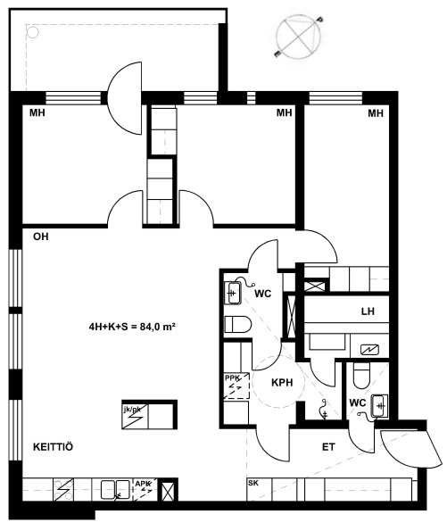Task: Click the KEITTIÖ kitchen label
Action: tap(53, 447)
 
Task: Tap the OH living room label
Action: tap(41, 236)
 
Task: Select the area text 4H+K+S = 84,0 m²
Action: tap(132, 327)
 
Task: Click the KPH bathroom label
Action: tap(282, 382)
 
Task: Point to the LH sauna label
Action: tap(368, 311)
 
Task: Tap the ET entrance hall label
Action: tap(328, 447)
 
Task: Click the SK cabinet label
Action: tap(253, 483)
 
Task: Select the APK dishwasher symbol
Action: tap(145, 489)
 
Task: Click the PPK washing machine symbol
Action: tap(236, 386)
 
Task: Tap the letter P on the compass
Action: tap(319, 20)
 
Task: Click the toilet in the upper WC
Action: tap(237, 325)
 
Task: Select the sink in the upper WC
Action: tap(233, 293)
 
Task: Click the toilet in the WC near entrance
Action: tap(361, 376)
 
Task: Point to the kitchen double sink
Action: tap(115, 490)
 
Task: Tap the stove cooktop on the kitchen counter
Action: tap(63, 489)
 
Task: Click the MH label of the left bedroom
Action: tap(37, 112)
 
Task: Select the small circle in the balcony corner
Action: tap(33, 32)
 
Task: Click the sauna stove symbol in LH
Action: tap(369, 350)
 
